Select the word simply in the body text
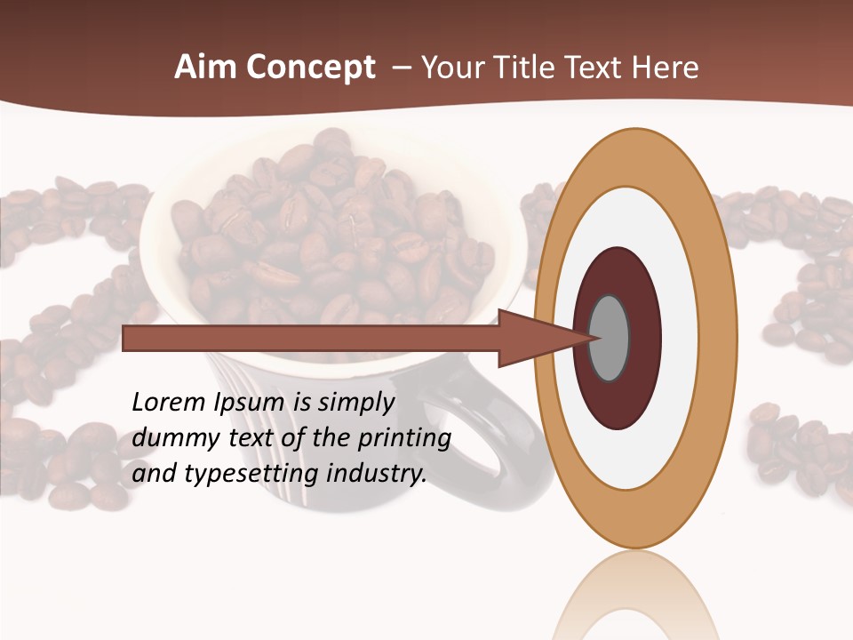coord(355,404)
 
